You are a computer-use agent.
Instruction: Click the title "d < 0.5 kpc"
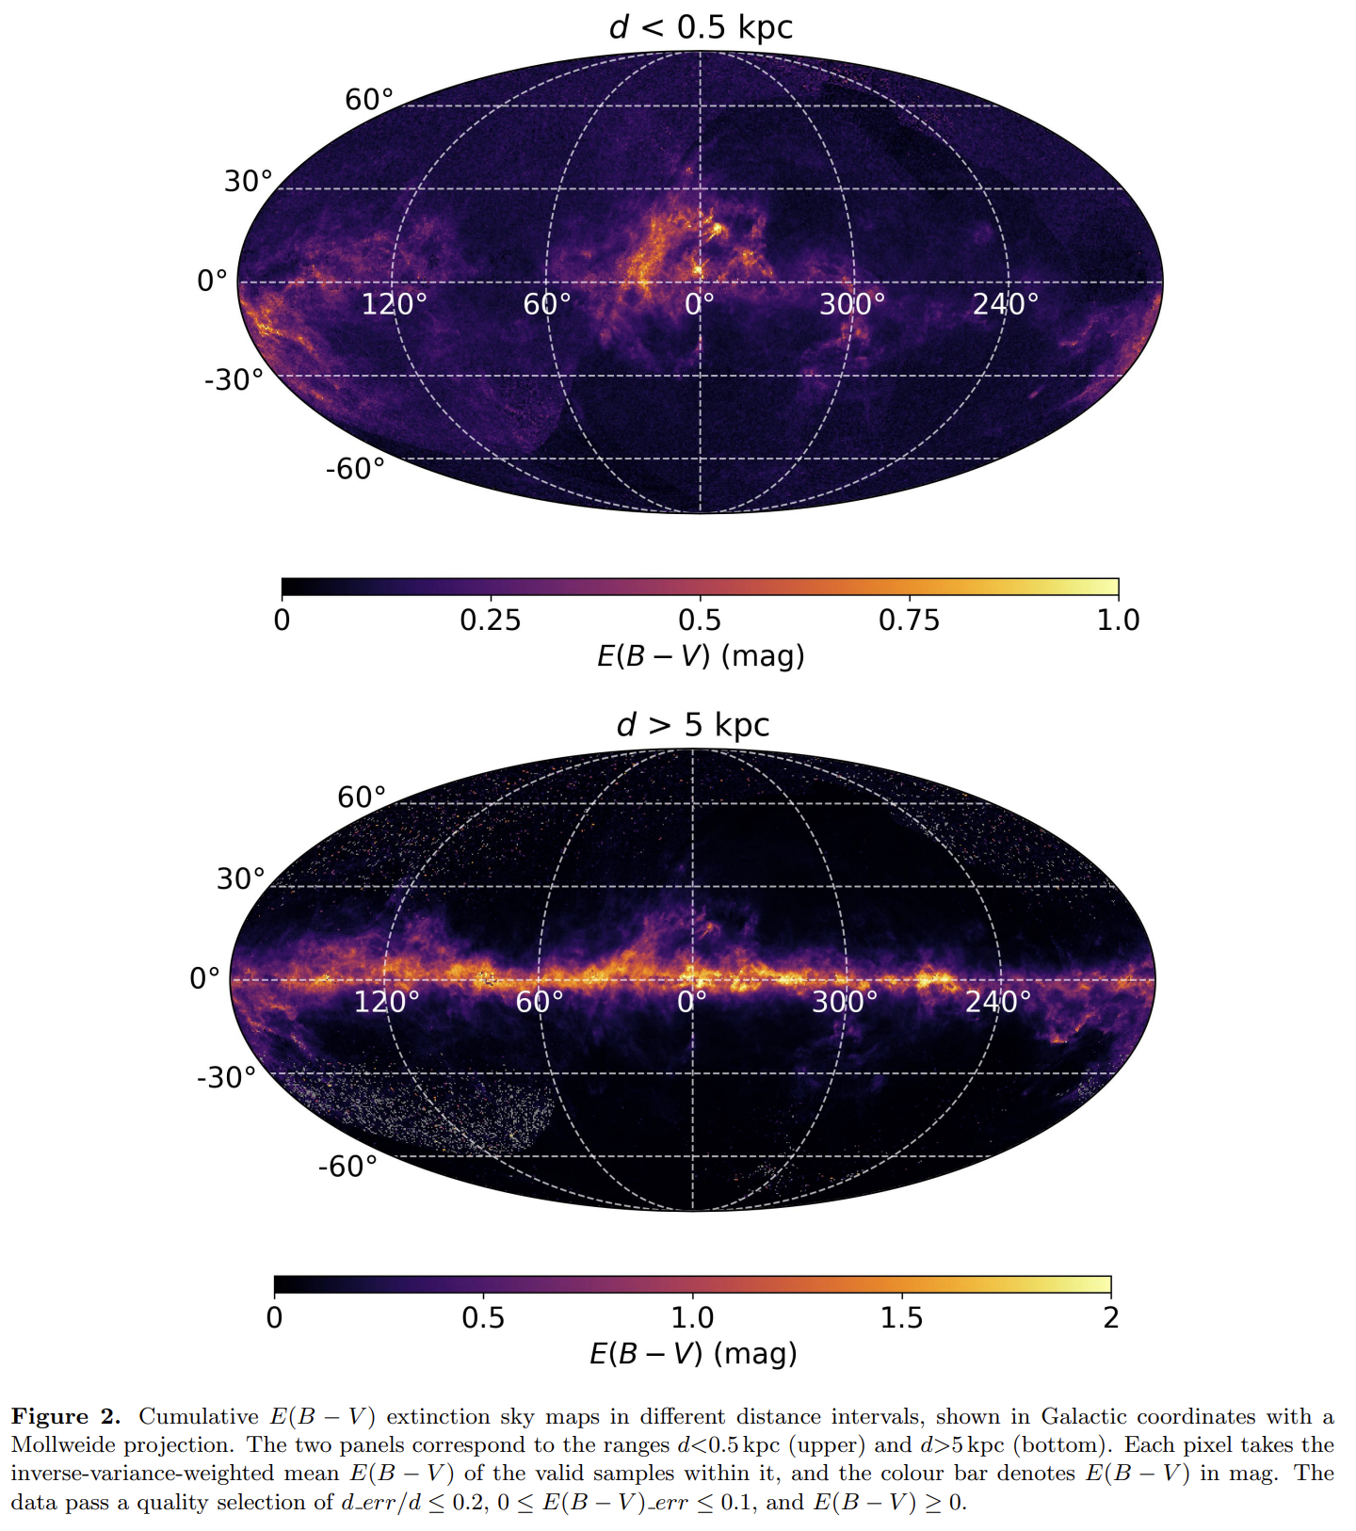click(x=701, y=26)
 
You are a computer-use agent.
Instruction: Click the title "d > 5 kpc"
click(x=693, y=724)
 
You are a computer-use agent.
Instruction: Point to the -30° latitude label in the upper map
click(x=234, y=379)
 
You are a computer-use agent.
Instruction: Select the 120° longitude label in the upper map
click(x=395, y=303)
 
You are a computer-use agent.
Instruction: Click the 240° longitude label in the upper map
click(x=1006, y=303)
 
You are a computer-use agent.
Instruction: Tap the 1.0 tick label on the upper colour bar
click(x=1119, y=620)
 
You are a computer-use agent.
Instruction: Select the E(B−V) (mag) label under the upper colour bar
click(x=701, y=655)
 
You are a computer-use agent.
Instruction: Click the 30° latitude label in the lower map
click(x=241, y=878)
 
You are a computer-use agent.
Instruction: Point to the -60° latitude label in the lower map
click(x=348, y=1167)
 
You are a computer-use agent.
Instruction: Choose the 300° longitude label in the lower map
click(x=845, y=1001)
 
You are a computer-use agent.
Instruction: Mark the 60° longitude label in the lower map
click(x=540, y=1001)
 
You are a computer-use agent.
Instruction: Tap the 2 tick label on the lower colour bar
click(x=1111, y=1317)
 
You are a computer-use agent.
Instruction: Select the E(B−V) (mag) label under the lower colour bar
click(x=693, y=1353)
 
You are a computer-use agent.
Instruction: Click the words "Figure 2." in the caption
click(x=66, y=1417)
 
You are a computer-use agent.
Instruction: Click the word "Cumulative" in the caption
click(x=199, y=1417)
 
